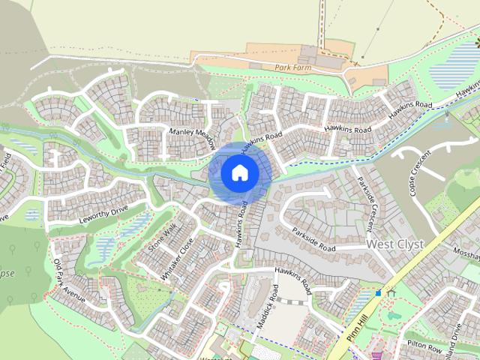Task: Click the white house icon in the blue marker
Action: pyautogui.click(x=238, y=172)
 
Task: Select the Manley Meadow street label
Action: pyautogui.click(x=193, y=136)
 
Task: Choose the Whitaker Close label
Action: pyautogui.click(x=176, y=259)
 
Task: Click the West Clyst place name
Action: pyautogui.click(x=394, y=244)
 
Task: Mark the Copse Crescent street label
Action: pyautogui.click(x=413, y=176)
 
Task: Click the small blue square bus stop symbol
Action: pyautogui.click(x=379, y=292)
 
